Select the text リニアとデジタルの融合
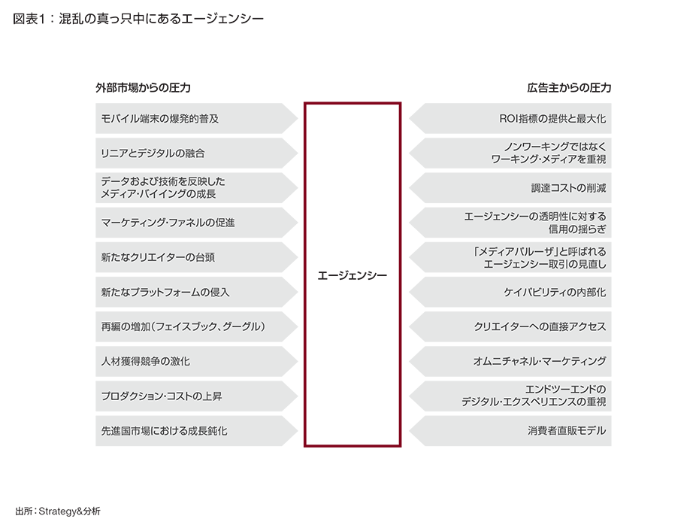[x=152, y=153]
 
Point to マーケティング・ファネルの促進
[x=168, y=223]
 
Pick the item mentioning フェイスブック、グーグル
[x=184, y=326]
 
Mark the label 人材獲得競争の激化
[x=145, y=361]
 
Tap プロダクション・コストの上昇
[x=161, y=396]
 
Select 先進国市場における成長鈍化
[x=164, y=431]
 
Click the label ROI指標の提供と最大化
[x=552, y=119]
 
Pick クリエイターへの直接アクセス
[x=540, y=326]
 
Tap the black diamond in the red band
[x=353, y=275]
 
